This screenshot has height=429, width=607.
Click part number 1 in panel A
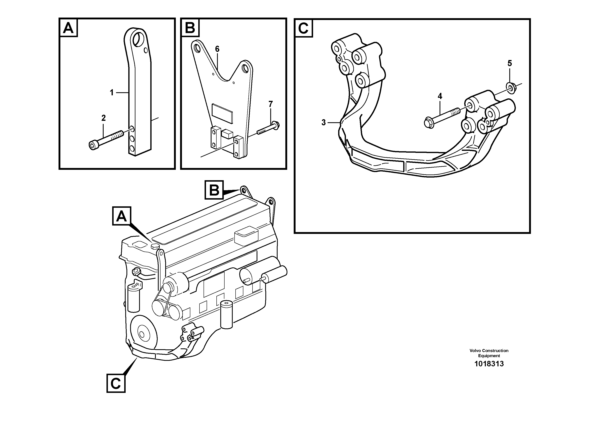112,93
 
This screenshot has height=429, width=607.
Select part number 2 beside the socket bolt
103,118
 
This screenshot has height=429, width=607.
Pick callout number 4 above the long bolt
440,96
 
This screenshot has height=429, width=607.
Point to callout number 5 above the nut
510,63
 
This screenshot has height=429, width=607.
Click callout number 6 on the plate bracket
217,49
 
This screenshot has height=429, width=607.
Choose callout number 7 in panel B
270,104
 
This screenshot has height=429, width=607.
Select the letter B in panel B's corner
190,28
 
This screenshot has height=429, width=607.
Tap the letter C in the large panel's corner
303,28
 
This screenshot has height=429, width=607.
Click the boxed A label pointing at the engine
122,216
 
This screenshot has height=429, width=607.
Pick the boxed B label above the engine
214,190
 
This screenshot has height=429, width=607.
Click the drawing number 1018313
489,364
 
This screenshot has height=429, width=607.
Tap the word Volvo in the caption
475,351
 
